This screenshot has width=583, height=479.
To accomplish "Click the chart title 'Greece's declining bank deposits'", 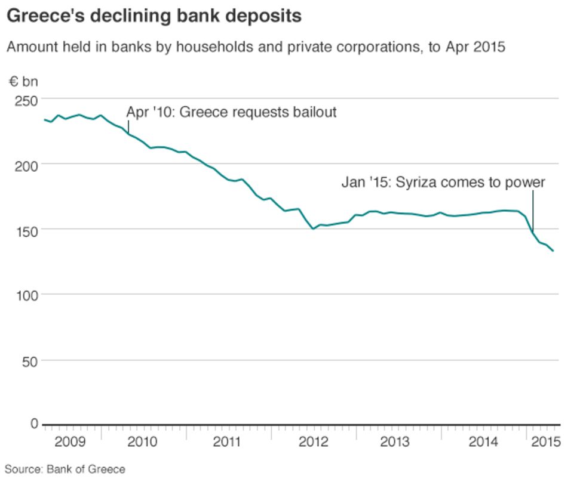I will [154, 16].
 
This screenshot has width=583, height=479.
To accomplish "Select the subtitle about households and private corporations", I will [256, 47].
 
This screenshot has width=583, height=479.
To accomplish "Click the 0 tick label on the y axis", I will [34, 424].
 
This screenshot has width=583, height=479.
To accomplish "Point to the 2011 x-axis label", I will [228, 442].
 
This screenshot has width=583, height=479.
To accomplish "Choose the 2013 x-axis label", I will [398, 442].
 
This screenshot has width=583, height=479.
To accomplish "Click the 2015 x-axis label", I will [545, 442].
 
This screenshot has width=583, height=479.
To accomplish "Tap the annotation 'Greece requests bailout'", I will [231, 112].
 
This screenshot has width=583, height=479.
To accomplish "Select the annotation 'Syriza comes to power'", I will [443, 183].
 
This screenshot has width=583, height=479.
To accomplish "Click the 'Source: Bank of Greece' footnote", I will [66, 469].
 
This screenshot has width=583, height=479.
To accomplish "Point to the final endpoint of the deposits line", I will [553, 251].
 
